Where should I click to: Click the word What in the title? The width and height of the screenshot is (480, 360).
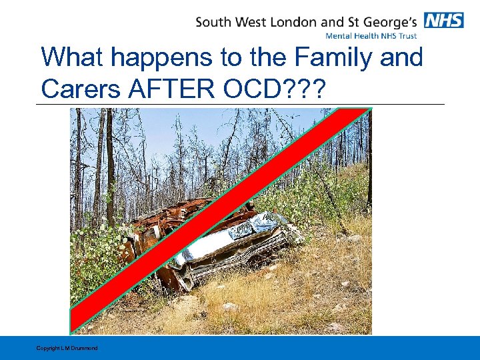click(x=72, y=57)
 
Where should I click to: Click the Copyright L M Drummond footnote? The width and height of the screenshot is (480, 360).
click(x=67, y=348)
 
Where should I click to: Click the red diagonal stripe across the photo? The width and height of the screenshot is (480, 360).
click(x=220, y=220)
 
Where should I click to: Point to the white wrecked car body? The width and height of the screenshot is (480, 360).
click(x=233, y=243)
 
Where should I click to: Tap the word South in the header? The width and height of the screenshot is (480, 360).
click(x=215, y=21)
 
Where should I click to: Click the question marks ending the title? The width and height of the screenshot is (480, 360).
click(x=306, y=89)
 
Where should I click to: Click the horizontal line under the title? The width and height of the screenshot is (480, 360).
click(x=240, y=104)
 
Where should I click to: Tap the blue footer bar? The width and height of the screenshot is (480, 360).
click(x=267, y=348)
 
